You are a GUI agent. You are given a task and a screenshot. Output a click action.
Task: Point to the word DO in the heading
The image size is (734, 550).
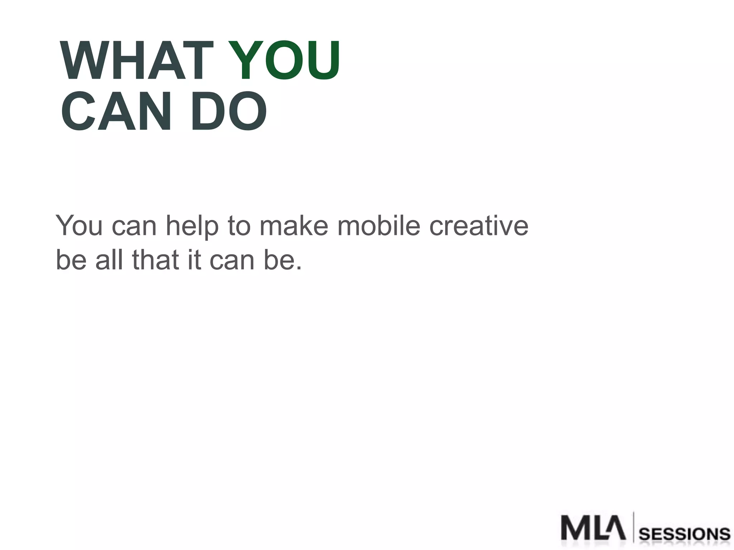229,111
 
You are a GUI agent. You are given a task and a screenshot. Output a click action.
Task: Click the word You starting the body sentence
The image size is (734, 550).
79,226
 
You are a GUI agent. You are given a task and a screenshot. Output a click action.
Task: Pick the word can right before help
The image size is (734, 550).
134,226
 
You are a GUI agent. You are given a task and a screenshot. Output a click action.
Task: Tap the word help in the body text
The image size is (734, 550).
192,226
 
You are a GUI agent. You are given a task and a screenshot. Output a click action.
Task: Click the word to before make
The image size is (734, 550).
239,226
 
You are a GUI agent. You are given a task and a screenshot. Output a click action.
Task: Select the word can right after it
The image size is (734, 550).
232,260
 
